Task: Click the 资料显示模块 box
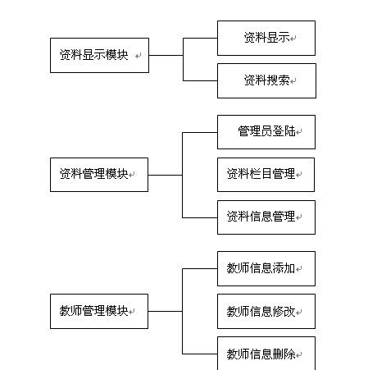[99, 55]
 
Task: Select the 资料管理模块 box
[99, 174]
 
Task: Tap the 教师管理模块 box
[99, 311]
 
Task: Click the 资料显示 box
[266, 38]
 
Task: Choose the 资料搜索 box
[266, 80]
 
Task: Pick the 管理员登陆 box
[266, 131]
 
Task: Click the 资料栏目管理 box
[266, 174]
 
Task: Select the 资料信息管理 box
[266, 217]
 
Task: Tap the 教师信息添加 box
[266, 268]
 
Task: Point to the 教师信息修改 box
[266, 311]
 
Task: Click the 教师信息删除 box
[266, 353]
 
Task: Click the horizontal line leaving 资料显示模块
[166, 56]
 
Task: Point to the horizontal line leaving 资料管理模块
[166, 175]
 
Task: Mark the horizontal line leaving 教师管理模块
[166, 311]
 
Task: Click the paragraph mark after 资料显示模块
[138, 57]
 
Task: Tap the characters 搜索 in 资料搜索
[278, 80]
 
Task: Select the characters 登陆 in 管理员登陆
[284, 131]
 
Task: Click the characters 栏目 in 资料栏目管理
[261, 174]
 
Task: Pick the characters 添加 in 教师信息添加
[284, 268]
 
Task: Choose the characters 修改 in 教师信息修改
[284, 311]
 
